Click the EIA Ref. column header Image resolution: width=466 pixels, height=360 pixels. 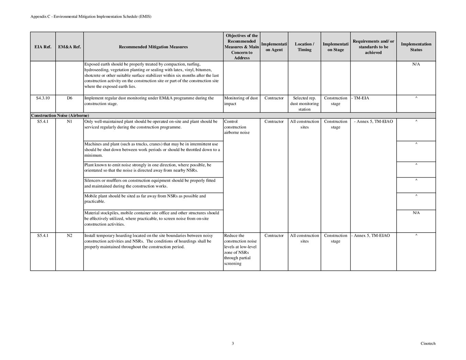43,47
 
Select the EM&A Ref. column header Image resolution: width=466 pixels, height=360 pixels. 69,47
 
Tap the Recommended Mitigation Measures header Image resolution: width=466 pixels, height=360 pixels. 153,47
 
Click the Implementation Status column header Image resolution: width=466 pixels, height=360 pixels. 416,47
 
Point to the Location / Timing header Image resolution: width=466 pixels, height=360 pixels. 304,47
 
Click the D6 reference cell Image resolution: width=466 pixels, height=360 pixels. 69,98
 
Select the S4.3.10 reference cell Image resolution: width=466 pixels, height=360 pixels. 43,98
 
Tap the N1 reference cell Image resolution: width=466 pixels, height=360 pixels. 69,122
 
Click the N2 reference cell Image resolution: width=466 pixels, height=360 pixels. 69,236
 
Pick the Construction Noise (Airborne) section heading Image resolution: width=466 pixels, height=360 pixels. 60,115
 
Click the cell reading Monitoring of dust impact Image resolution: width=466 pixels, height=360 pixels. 241,101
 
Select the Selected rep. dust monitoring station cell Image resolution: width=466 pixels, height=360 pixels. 304,104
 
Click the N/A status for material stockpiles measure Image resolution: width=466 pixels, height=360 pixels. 416,213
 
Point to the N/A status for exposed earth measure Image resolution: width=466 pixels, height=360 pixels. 416,64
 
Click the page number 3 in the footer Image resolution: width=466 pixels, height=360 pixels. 233,344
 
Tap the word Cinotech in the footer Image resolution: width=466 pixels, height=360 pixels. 428,344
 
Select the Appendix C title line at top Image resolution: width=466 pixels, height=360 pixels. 91,16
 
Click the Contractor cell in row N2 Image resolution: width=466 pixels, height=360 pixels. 274,236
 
